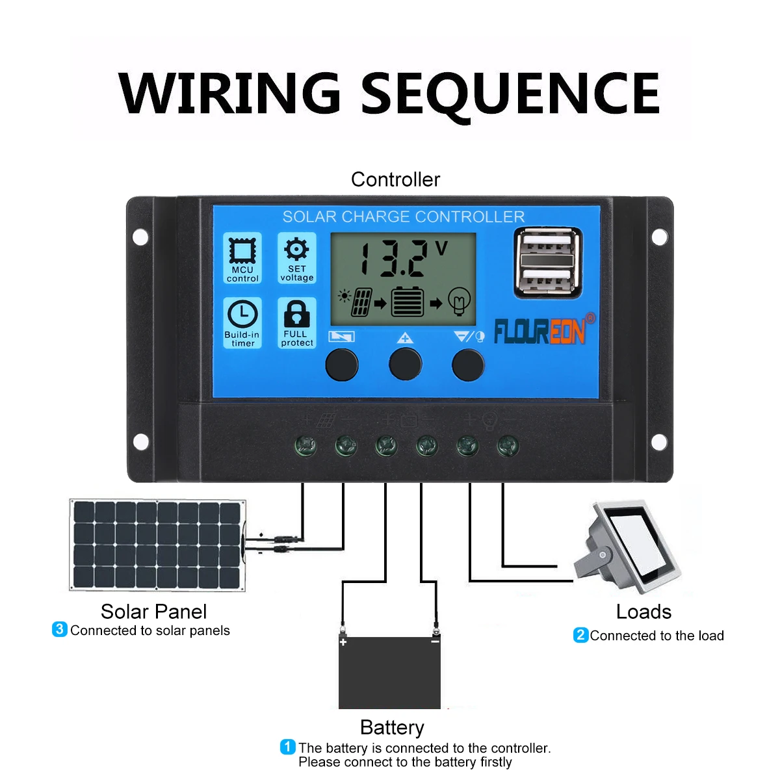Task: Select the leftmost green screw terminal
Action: tap(306, 446)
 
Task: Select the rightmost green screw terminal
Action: tap(508, 446)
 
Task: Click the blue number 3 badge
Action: tap(59, 629)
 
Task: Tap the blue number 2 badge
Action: tap(580, 635)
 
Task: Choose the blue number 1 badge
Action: tap(287, 747)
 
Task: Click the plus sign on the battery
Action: tap(343, 642)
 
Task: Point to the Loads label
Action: tap(643, 612)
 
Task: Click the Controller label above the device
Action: tap(395, 179)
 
